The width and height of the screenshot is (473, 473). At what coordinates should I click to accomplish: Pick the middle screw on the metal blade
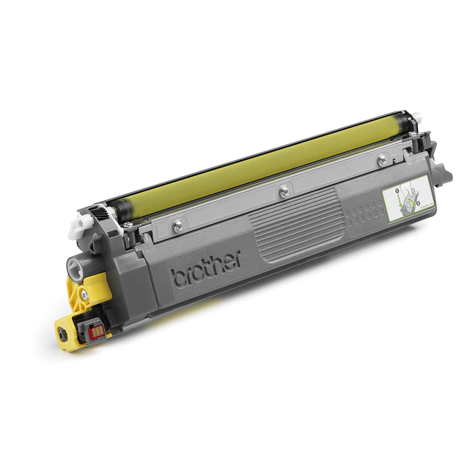[x=284, y=191]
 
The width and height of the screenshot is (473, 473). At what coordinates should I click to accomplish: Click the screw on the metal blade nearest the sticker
[x=382, y=159]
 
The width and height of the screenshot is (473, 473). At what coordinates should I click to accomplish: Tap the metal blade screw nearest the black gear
[x=178, y=225]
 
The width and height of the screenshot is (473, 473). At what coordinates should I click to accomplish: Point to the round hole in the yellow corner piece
[x=62, y=335]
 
